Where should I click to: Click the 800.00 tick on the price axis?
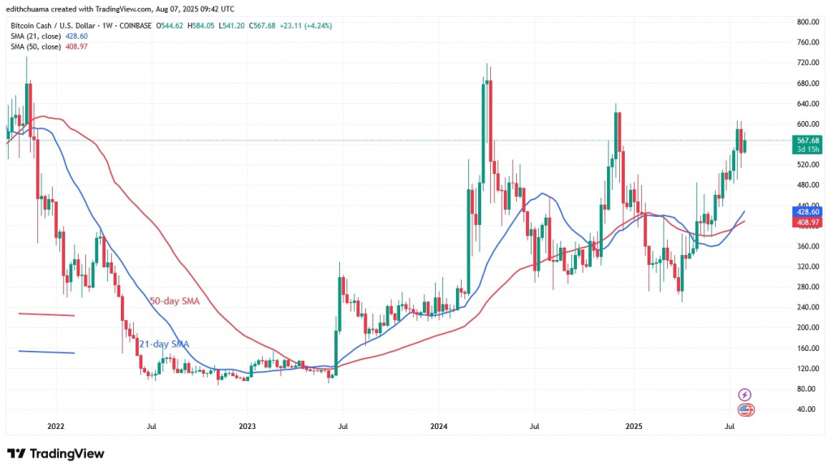tap(806, 22)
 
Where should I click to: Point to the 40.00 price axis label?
tap(806, 409)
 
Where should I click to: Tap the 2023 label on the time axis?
tap(247, 426)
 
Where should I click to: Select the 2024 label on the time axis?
tap(439, 426)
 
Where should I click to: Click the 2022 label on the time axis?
tap(55, 426)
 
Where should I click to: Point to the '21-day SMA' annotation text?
tap(166, 344)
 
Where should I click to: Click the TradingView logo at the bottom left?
tap(55, 453)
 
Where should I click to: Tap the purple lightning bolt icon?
tap(745, 395)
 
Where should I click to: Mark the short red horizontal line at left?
tap(46, 315)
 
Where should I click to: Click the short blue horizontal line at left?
tap(46, 352)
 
